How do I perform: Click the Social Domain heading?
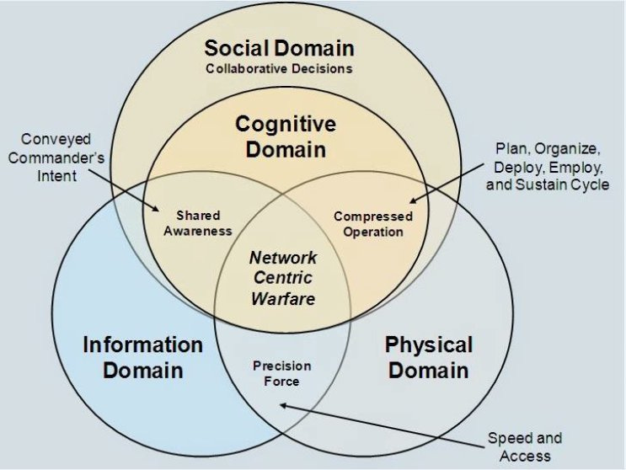coord(280,48)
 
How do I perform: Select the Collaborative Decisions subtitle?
coord(280,68)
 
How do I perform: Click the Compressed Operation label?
coord(373,224)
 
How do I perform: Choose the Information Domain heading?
coord(142,357)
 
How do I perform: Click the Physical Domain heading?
coord(428,357)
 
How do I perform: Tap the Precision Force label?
coord(282,374)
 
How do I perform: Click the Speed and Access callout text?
coord(524,446)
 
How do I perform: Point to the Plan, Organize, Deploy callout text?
coord(547,166)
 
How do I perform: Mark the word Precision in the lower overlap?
coord(282,366)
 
